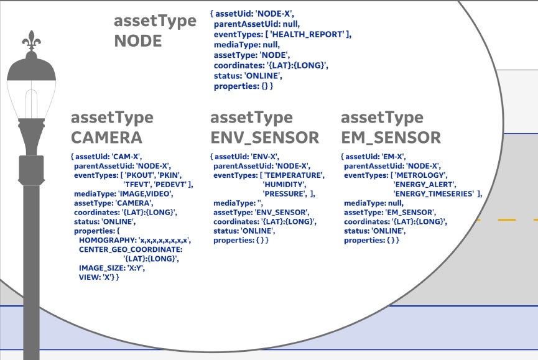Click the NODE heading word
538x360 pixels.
(x=138, y=41)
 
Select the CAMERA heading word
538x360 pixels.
(x=106, y=137)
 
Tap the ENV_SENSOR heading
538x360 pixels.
(x=264, y=137)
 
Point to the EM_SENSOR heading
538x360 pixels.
(x=391, y=137)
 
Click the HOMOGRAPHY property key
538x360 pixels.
(x=107, y=240)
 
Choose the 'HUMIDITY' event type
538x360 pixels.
(x=284, y=185)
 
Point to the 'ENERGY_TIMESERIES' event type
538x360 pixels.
(x=434, y=194)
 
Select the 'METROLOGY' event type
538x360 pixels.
(x=421, y=175)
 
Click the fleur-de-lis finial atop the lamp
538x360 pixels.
(x=31, y=40)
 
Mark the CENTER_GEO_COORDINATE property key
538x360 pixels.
(x=131, y=249)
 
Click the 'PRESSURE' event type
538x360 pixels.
(x=284, y=194)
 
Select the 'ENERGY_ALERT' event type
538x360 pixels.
(x=424, y=185)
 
